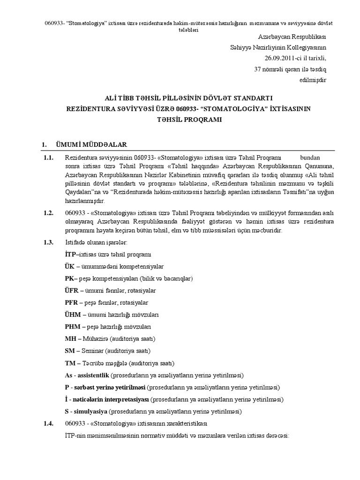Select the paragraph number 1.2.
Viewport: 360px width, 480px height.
tap(49, 213)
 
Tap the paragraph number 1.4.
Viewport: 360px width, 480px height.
tap(49, 424)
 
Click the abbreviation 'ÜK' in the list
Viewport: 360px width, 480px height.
tap(70, 266)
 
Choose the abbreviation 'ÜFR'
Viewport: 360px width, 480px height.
tap(72, 291)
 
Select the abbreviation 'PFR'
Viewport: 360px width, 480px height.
tap(71, 303)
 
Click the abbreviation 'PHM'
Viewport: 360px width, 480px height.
tap(72, 327)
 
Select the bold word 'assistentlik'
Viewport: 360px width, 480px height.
tap(93, 375)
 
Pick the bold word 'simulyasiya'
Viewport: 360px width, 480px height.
tap(89, 412)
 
